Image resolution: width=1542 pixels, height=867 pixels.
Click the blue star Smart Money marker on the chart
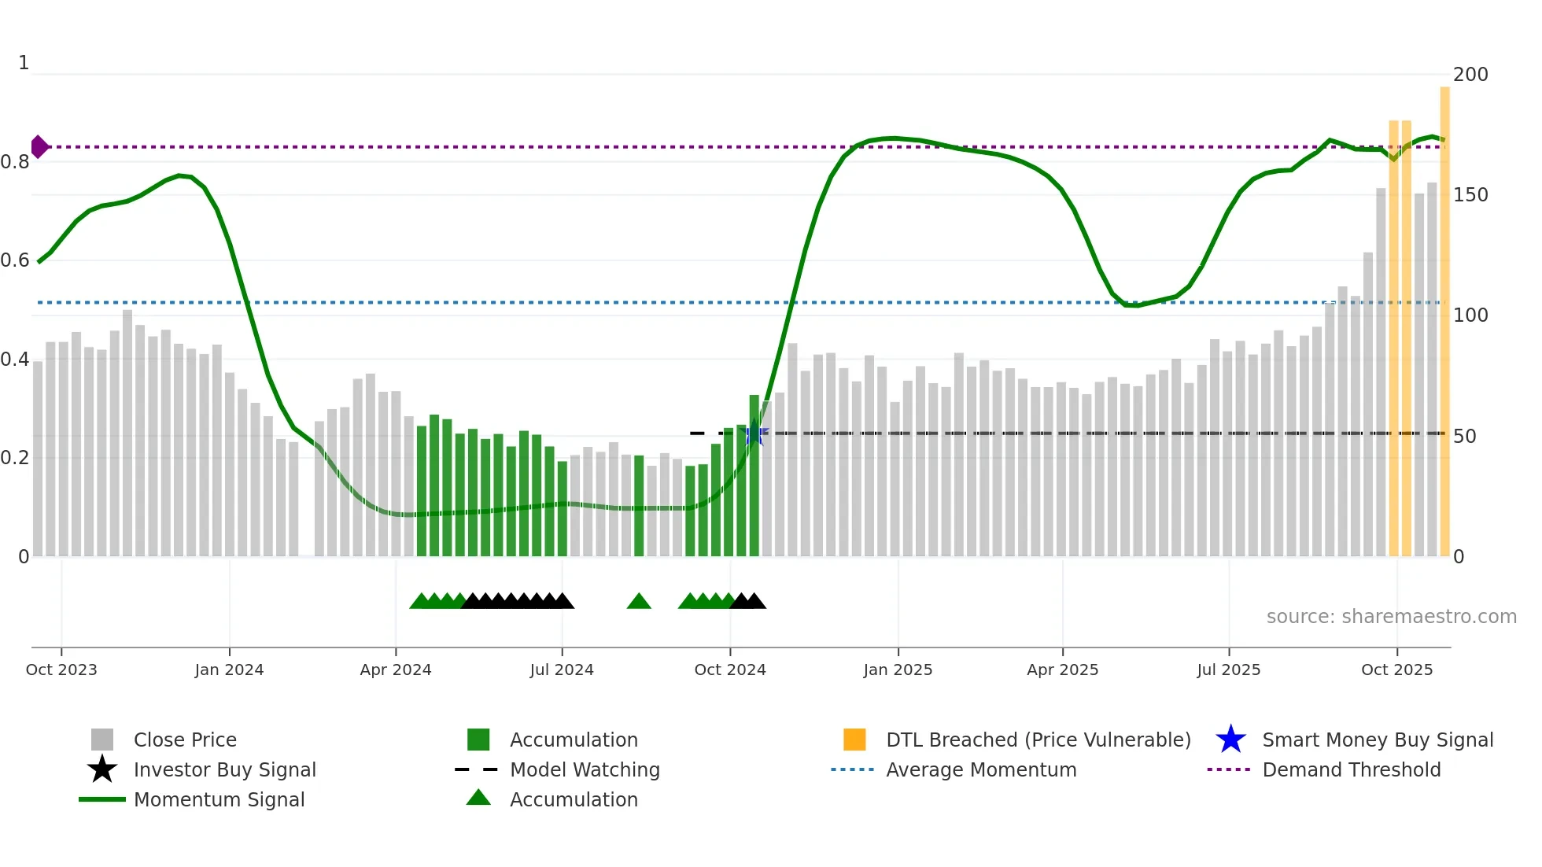click(x=754, y=433)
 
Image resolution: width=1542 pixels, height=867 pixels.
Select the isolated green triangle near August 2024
click(x=639, y=602)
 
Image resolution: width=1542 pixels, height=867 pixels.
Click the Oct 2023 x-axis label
click(x=61, y=670)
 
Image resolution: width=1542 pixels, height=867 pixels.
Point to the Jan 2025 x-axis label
click(x=898, y=670)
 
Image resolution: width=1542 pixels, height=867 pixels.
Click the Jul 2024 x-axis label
click(x=562, y=670)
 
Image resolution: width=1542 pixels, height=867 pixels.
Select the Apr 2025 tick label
click(x=1062, y=670)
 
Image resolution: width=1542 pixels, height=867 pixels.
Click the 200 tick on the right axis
click(x=1470, y=75)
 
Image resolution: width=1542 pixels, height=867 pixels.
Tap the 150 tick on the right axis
click(x=1470, y=195)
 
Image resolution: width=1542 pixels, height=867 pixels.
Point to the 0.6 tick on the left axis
click(x=15, y=260)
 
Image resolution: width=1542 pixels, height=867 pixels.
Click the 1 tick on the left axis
click(x=24, y=63)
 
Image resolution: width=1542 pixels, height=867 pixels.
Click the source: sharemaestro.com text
click(x=1391, y=617)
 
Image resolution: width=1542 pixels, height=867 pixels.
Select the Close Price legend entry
click(x=185, y=740)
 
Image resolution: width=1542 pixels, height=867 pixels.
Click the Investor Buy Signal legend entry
click(x=224, y=770)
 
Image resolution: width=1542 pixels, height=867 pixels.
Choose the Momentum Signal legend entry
click(x=219, y=800)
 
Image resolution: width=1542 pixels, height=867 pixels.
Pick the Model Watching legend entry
click(x=585, y=770)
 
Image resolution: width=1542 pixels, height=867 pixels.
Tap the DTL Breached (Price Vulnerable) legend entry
click(x=1038, y=740)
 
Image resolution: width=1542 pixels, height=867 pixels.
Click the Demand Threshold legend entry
click(x=1351, y=770)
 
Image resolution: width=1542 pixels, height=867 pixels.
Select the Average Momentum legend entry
click(x=981, y=770)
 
